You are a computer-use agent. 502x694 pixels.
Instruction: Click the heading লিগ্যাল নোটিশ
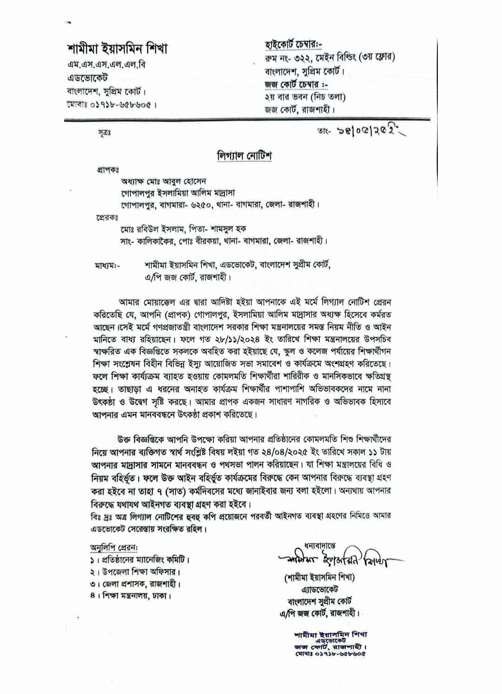(x=244, y=155)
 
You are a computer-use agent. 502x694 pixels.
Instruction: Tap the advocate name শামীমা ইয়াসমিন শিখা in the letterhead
(x=117, y=48)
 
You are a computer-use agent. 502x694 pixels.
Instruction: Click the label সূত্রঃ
(x=104, y=133)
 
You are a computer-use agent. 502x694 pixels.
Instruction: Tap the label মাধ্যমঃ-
(x=107, y=266)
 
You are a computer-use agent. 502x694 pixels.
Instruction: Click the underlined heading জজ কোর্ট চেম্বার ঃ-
(x=296, y=85)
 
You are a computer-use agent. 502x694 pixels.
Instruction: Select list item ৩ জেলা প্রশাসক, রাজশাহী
(x=135, y=584)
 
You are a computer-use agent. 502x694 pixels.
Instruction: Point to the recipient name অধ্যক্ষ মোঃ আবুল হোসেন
(x=164, y=181)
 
